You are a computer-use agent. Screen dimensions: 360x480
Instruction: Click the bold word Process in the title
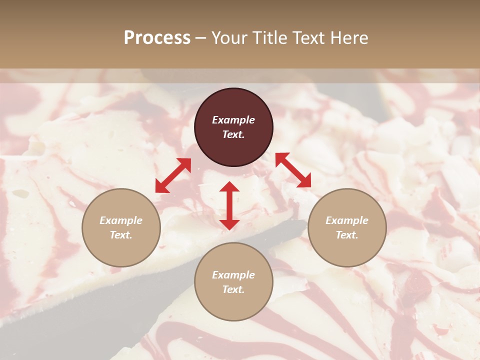pos(157,38)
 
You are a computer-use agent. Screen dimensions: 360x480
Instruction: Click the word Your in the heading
pos(229,38)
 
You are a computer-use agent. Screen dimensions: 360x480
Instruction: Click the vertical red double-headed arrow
pos(229,205)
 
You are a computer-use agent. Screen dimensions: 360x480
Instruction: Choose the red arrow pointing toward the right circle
pos(293,170)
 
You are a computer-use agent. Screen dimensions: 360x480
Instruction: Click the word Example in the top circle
pos(233,120)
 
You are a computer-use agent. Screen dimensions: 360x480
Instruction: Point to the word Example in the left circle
pos(121,220)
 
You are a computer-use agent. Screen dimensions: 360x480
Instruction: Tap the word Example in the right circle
pos(347,220)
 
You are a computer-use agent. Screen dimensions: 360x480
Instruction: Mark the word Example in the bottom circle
pos(233,275)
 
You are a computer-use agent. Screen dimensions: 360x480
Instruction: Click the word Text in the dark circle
pos(233,134)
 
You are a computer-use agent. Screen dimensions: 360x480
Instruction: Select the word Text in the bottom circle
pos(233,289)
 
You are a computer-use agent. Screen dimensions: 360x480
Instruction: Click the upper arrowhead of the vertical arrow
pos(229,187)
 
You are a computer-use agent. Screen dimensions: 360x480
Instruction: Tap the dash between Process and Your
pos(201,38)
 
